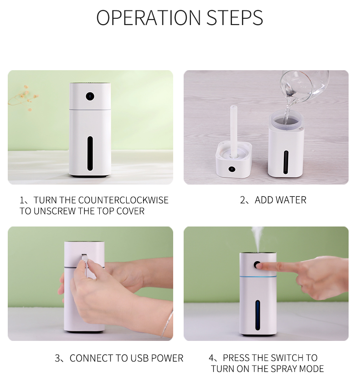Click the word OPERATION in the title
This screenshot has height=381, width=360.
[149, 17]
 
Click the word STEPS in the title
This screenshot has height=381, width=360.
[235, 17]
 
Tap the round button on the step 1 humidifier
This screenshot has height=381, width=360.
[90, 97]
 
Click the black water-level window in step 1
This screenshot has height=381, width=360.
[90, 153]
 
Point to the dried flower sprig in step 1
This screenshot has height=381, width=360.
[23, 98]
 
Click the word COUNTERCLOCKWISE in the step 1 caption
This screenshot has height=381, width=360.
[123, 200]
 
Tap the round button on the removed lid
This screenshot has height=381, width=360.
[232, 169]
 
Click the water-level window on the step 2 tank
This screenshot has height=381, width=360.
[286, 162]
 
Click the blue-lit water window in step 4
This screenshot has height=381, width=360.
[257, 315]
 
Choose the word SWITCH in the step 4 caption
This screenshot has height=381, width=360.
[287, 358]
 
